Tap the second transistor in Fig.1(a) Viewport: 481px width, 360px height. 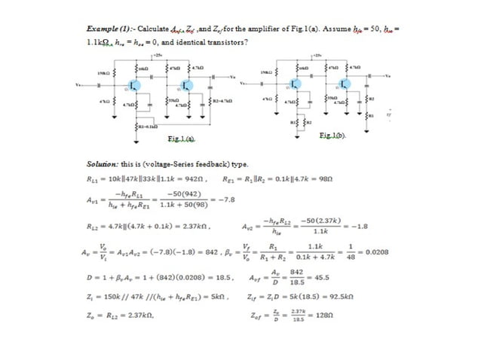pyautogui.click(x=188, y=84)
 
